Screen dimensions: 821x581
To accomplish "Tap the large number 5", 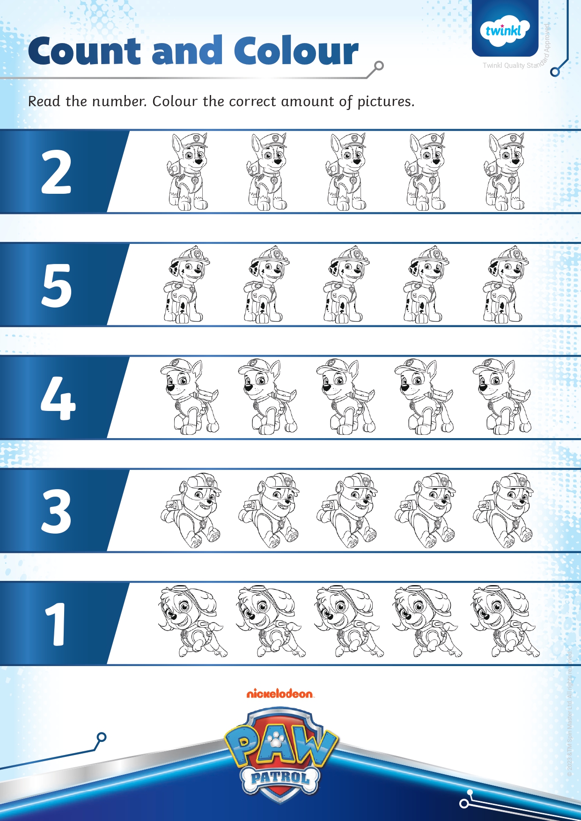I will coord(57,285).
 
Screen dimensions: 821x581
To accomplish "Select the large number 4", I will coord(58,398).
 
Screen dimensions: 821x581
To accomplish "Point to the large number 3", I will coord(56,511).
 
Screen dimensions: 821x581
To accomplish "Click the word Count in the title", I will coord(84,51).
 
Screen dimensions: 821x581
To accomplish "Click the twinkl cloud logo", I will coord(504,31).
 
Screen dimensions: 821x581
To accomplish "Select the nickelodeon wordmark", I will coord(280,693).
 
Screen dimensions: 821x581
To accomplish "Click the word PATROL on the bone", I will coord(280,778).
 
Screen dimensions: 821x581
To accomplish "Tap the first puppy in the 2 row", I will coord(187,172).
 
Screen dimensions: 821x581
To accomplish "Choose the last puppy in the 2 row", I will coord(505,172).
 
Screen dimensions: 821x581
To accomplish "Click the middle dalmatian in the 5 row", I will coord(346,285).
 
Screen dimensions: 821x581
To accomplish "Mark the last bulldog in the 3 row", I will coord(503,510).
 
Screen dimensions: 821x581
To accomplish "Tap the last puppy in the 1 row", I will coord(504,622).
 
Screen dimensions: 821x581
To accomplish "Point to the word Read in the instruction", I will coord(44,101).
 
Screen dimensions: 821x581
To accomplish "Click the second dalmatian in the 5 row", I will coord(265,285).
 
